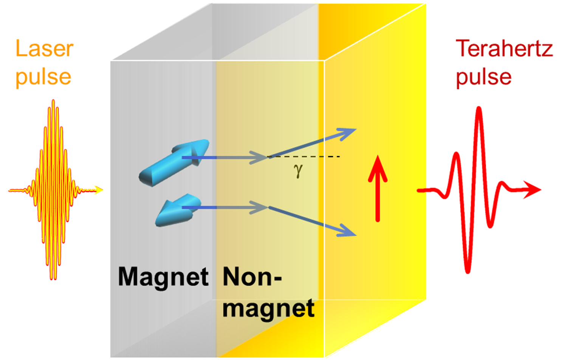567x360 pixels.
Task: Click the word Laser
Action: coord(44,49)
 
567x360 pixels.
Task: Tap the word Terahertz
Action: coord(504,49)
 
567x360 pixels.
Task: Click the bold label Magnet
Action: coord(163,277)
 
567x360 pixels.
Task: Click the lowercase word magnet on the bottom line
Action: coord(268,309)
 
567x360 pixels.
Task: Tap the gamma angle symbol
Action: coord(298,171)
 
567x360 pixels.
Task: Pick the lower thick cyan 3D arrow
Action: coord(176,211)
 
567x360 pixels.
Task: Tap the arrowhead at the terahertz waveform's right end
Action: coord(533,190)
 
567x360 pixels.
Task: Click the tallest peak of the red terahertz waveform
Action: coord(479,110)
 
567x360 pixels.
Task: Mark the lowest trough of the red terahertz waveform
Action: coord(468,270)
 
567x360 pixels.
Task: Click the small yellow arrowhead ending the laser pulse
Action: coord(99,190)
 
